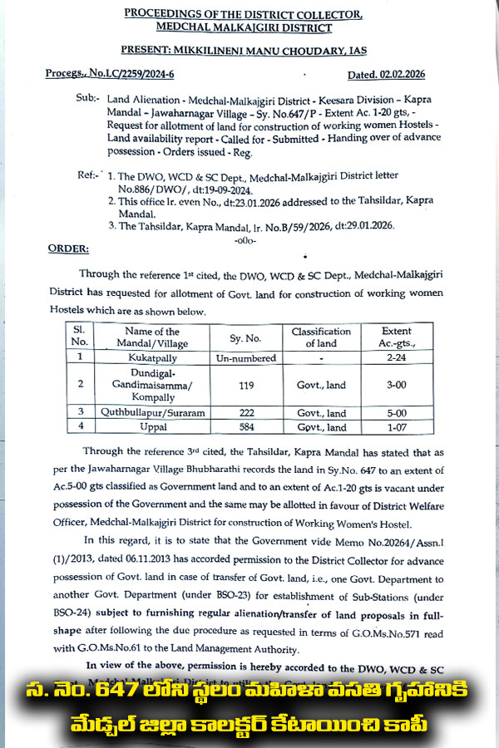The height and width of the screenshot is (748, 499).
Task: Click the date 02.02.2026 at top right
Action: (x=398, y=74)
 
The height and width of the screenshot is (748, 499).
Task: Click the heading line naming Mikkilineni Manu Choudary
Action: (x=249, y=51)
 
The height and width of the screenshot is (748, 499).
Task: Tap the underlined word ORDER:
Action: (x=68, y=249)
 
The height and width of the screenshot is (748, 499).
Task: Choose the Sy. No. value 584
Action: (x=245, y=427)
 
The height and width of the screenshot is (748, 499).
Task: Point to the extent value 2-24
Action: (x=395, y=357)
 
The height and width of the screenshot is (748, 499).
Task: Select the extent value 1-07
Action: (x=395, y=427)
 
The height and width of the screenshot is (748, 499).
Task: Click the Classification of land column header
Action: (x=320, y=337)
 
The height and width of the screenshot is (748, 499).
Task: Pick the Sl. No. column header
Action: (x=79, y=337)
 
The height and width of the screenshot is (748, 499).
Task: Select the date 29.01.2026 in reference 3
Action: (x=364, y=225)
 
